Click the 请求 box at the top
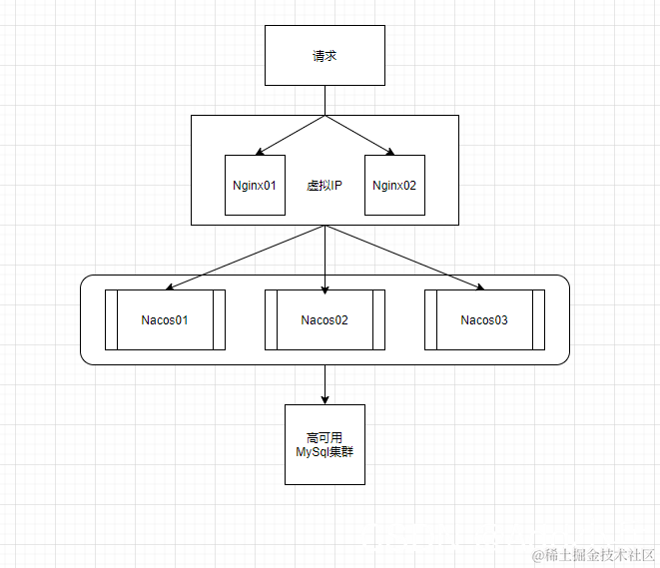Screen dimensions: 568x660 coord(325,56)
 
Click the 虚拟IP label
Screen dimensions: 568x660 coord(325,186)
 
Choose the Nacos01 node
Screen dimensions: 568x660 coord(165,320)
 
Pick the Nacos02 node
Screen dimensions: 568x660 coord(325,320)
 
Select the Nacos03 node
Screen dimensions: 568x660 coord(484,320)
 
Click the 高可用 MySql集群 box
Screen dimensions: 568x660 coord(325,444)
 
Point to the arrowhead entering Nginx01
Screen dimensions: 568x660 coord(259,152)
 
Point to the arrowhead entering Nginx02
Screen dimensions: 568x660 coord(390,152)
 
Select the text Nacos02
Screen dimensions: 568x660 coord(325,320)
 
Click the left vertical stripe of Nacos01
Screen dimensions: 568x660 coord(112,320)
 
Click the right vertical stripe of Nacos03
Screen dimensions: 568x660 coord(538,320)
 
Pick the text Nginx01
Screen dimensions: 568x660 coord(255,186)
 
